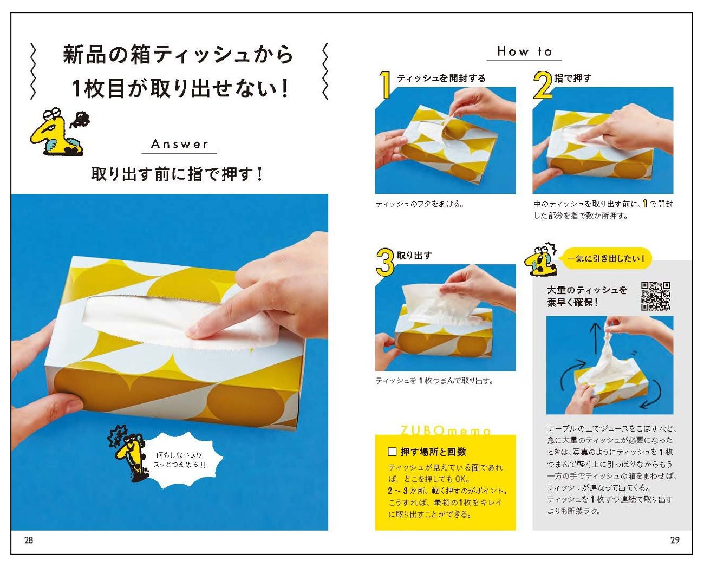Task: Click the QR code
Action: coord(655,296)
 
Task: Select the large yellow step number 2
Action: coord(543,84)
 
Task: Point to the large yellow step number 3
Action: coord(384,262)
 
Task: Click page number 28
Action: coord(29,540)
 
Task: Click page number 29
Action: coord(675,540)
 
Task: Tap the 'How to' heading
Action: coord(524,51)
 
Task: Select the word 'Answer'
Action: coord(179,144)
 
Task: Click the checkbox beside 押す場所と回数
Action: coord(392,452)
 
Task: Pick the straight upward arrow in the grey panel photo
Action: coord(595,341)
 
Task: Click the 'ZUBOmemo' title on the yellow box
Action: coord(446,431)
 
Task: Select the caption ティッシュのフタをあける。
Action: coord(420,204)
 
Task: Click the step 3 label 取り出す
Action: coord(414,256)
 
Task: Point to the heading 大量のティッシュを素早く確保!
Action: coord(587,296)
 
